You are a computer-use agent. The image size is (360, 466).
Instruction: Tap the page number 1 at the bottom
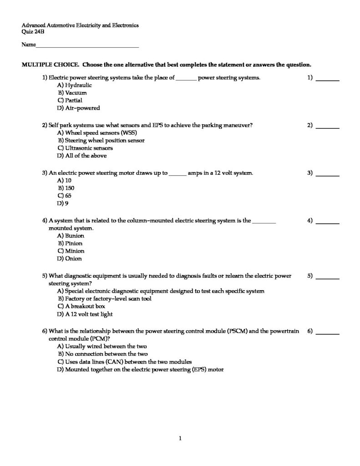[180, 438]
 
